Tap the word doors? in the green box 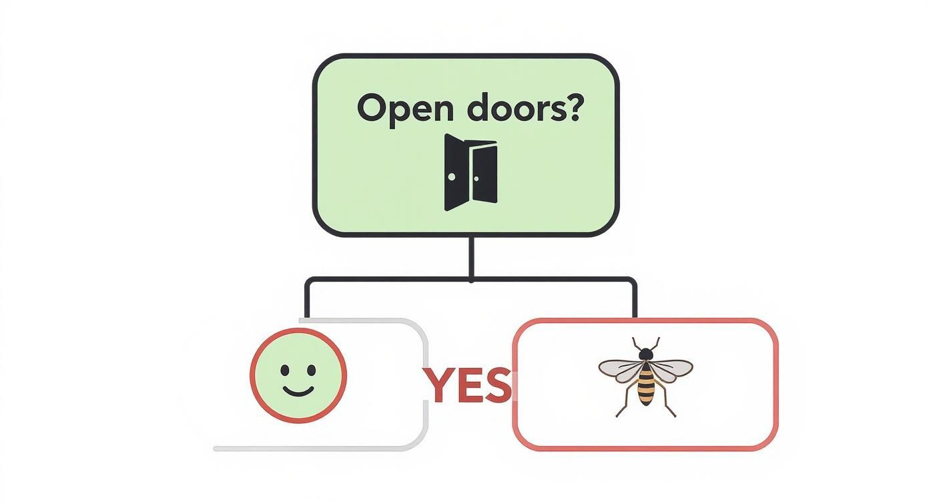[x=523, y=107]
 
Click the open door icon [x=471, y=172]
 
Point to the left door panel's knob [x=452, y=177]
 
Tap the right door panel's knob [x=476, y=179]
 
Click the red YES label [x=468, y=385]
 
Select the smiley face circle [x=298, y=376]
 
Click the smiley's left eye [x=285, y=370]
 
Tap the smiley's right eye [x=312, y=370]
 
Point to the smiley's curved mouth [x=298, y=392]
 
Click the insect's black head [x=645, y=354]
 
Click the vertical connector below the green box [x=471, y=257]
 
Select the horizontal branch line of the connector [x=471, y=280]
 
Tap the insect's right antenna [x=655, y=343]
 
